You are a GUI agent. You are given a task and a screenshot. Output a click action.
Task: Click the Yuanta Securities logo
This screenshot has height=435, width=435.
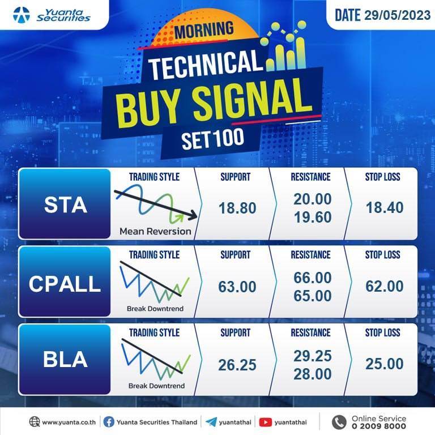(52, 15)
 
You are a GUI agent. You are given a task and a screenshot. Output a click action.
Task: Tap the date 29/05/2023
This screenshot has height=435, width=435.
(397, 15)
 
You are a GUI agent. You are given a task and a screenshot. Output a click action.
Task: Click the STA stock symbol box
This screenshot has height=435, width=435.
(65, 204)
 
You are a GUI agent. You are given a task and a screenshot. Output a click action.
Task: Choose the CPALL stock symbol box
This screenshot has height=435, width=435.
(65, 282)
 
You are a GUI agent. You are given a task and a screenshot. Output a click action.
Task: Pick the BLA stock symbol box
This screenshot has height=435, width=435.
(65, 360)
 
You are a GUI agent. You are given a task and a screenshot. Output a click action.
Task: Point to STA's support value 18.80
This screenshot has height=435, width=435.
(237, 208)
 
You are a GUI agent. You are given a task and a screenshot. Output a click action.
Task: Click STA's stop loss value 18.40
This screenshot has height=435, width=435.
(385, 207)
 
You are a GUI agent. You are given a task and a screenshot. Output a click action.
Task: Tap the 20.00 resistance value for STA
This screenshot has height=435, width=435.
(313, 199)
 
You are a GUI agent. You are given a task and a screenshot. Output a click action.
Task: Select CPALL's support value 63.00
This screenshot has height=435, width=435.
(237, 287)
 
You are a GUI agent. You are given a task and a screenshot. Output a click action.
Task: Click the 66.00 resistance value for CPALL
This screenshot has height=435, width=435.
(313, 278)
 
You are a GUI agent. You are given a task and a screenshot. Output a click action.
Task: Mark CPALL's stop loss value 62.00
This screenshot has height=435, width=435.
(385, 286)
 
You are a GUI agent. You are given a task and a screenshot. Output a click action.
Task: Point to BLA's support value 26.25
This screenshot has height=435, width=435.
(237, 365)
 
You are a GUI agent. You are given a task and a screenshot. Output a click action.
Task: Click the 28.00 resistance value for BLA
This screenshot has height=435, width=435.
(313, 374)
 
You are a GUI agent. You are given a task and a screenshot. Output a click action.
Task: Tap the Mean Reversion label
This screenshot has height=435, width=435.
(155, 231)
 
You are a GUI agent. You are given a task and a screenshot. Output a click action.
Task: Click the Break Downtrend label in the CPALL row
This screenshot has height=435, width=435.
(155, 309)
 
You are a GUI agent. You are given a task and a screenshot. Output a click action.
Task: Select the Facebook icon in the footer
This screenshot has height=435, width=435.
(109, 422)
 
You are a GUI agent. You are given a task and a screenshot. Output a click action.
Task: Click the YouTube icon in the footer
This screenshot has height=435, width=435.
(266, 422)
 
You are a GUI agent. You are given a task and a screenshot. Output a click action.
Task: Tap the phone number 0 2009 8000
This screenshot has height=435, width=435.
(379, 426)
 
